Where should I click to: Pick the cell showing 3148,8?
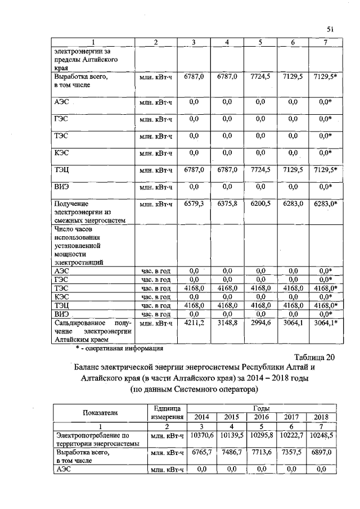(x=227, y=323)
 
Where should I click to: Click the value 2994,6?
(x=260, y=323)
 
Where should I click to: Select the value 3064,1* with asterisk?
(x=326, y=323)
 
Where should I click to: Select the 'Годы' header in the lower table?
(x=261, y=407)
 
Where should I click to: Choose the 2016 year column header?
(x=260, y=417)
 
